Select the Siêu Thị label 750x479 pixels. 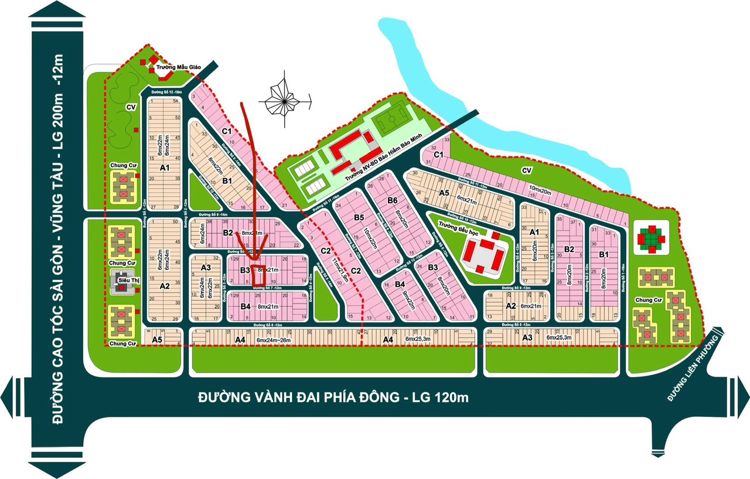(x=128, y=280)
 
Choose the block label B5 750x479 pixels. (x=359, y=218)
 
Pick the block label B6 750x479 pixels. (x=393, y=201)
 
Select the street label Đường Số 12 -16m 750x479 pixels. (x=166, y=93)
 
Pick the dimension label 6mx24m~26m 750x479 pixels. (x=273, y=340)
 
